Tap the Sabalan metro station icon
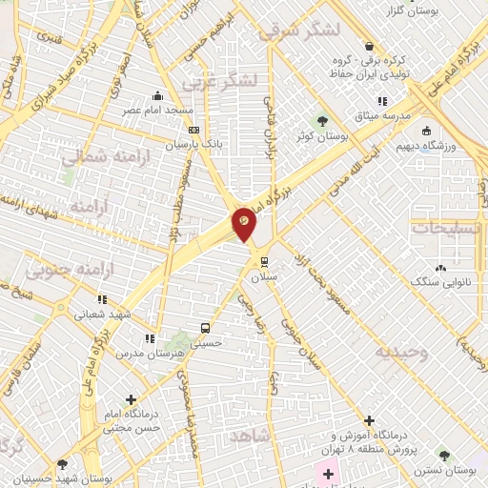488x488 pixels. [x=264, y=259]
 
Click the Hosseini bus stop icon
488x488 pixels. [x=204, y=329]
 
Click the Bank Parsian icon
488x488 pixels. [x=194, y=130]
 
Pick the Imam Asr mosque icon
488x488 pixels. [x=158, y=95]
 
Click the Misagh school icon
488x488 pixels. [x=381, y=101]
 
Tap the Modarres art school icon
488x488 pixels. [x=149, y=338]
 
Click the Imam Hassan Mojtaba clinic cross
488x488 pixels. [x=130, y=400]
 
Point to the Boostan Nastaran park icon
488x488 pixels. [x=441, y=457]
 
